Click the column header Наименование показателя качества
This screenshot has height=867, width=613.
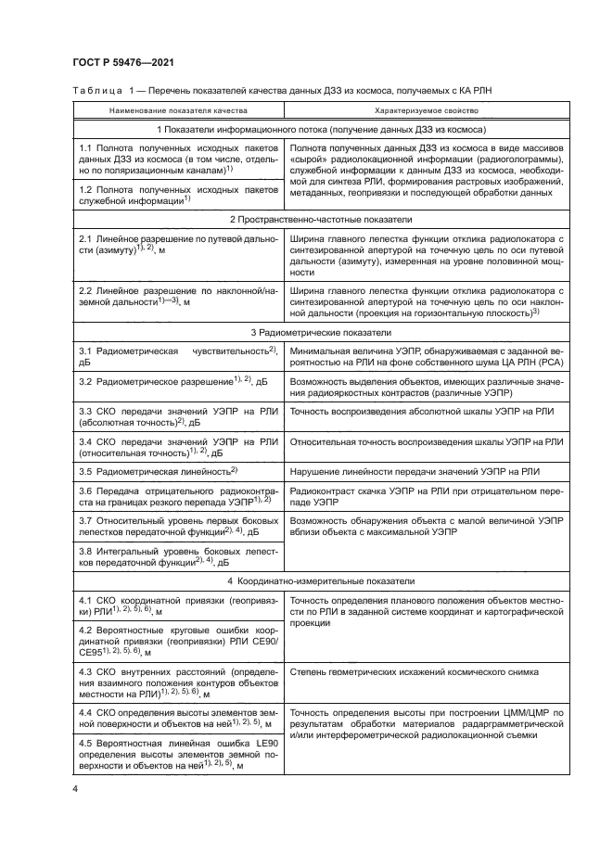tap(178, 109)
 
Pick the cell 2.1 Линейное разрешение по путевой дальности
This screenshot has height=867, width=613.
tap(178, 245)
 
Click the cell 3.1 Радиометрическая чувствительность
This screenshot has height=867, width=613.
tap(178, 358)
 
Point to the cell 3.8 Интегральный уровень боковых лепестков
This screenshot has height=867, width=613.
tap(178, 555)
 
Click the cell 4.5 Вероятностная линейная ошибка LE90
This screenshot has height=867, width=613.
tap(178, 753)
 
